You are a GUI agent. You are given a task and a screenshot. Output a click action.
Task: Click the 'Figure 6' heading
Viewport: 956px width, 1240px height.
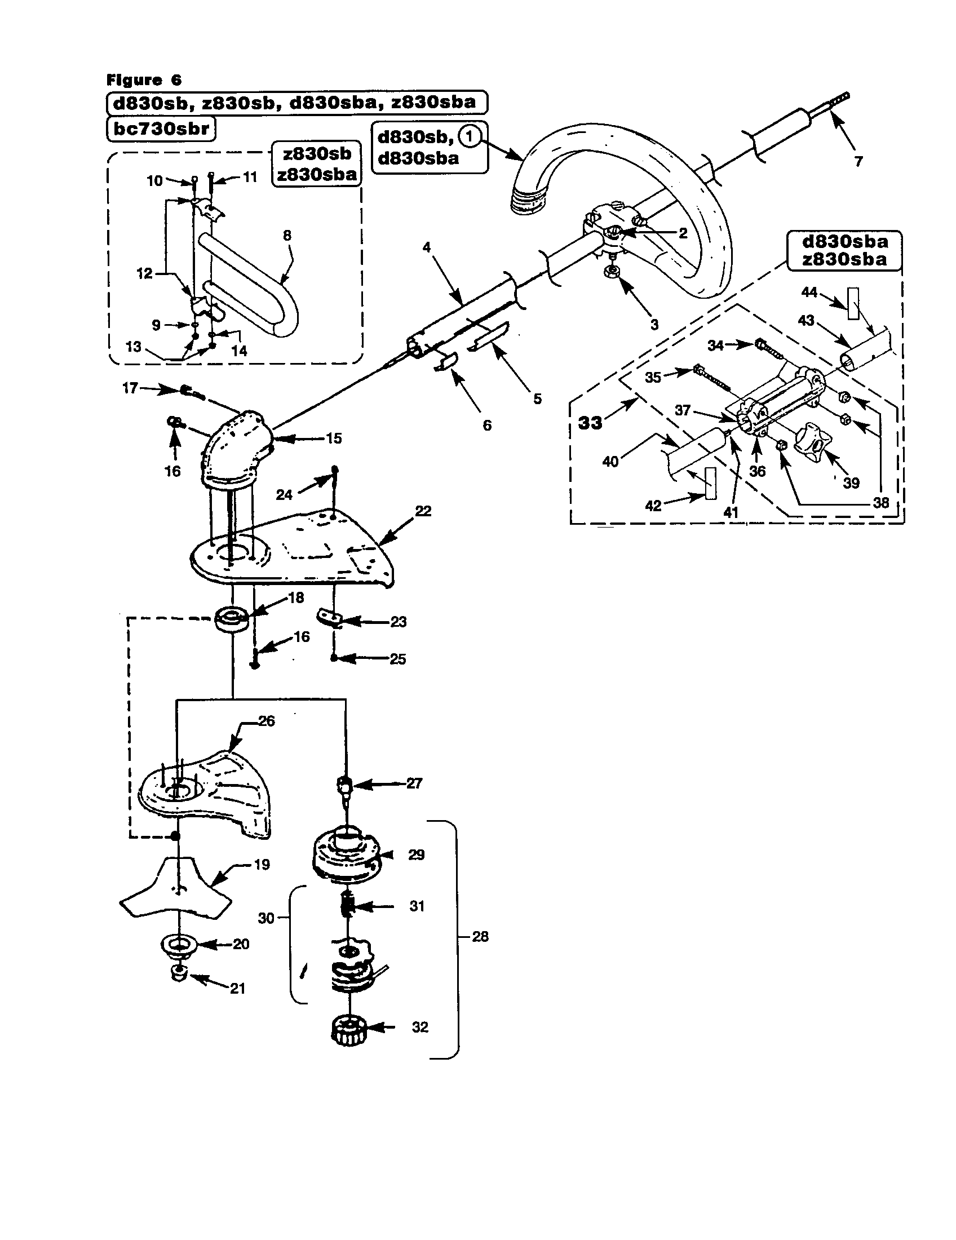pos(144,80)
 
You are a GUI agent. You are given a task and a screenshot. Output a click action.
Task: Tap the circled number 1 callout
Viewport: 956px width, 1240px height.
pos(470,136)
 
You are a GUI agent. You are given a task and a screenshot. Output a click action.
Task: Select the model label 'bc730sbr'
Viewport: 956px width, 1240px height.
pos(162,129)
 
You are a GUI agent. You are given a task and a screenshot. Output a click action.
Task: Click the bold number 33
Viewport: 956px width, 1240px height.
pos(590,423)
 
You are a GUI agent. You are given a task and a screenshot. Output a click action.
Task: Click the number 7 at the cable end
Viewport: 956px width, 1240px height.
pos(858,161)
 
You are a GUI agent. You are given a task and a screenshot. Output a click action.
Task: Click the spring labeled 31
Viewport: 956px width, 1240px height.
pos(348,906)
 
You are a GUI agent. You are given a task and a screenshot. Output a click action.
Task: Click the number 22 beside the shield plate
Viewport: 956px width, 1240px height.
pos(423,511)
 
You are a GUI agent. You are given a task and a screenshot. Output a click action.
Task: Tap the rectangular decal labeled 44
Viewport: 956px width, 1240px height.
pos(853,304)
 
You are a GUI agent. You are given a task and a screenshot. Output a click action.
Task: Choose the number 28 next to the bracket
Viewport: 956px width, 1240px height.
pos(480,936)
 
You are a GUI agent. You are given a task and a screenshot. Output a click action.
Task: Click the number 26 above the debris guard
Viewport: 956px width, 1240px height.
pos(266,721)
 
